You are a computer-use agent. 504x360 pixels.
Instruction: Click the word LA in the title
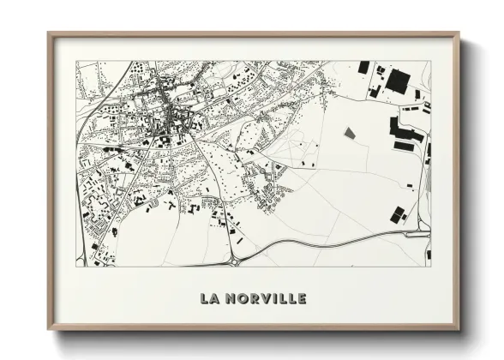pyautogui.click(x=208, y=298)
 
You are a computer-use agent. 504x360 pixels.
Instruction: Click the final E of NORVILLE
pyautogui.click(x=301, y=298)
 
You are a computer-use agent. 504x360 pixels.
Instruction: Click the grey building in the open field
pyautogui.click(x=349, y=133)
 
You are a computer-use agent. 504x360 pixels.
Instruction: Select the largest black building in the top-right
pyautogui.click(x=398, y=81)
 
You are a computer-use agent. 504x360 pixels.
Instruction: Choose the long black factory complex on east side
pyautogui.click(x=406, y=133)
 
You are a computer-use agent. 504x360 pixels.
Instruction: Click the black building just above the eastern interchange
pyautogui.click(x=396, y=214)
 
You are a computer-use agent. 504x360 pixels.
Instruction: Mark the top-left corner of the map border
pyautogui.click(x=76, y=61)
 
